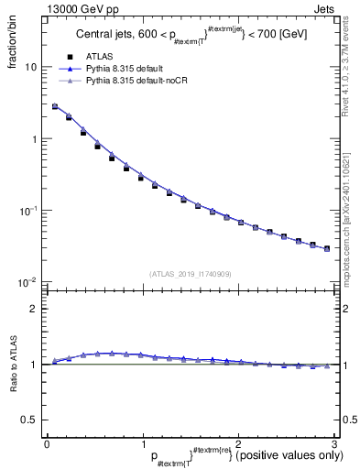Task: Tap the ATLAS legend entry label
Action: click(x=101, y=55)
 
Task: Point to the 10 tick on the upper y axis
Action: click(x=30, y=67)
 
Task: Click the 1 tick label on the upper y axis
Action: click(x=34, y=139)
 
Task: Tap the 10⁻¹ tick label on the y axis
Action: click(x=29, y=210)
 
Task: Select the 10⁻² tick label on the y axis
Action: click(x=29, y=281)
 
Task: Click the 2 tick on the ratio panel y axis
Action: click(x=34, y=309)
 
